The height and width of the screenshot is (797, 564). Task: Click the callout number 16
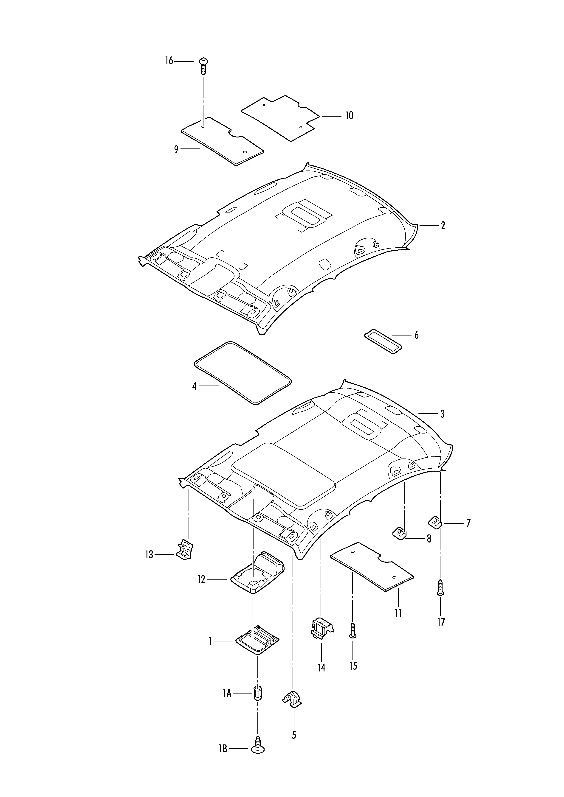click(169, 61)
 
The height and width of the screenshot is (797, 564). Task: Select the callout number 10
click(349, 116)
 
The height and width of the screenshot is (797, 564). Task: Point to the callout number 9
click(176, 150)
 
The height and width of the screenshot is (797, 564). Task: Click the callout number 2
click(443, 226)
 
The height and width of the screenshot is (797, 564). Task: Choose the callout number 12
click(201, 579)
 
